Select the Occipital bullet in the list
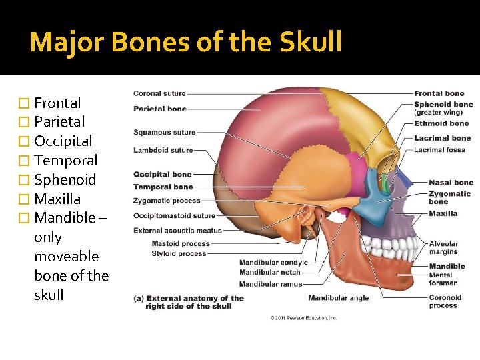63,141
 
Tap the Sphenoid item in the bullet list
65,180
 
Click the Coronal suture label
159,93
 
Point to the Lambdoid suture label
163,150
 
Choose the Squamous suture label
164,132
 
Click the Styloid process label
179,253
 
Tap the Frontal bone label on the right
439,93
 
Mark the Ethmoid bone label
441,123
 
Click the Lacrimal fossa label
439,149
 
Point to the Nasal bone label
451,183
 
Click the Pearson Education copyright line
303,318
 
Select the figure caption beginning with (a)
189,302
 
